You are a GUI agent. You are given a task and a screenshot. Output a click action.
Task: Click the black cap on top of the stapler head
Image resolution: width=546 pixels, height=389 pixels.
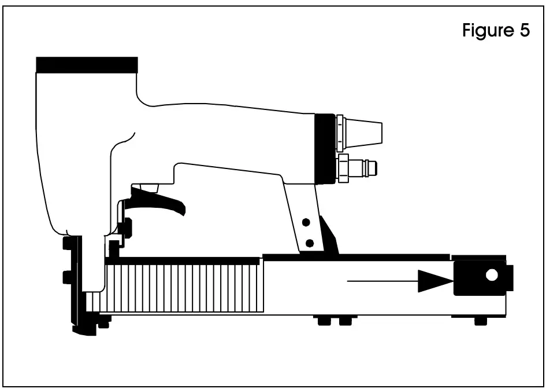[87, 64]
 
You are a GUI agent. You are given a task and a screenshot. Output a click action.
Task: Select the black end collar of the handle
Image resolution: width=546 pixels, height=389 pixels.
[325, 149]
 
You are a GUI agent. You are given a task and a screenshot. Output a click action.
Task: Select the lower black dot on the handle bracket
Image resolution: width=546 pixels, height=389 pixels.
[310, 242]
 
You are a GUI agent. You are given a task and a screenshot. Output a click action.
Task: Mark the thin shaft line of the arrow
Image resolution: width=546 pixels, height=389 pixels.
[381, 281]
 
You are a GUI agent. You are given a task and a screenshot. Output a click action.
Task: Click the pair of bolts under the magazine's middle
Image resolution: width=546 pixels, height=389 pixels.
[332, 321]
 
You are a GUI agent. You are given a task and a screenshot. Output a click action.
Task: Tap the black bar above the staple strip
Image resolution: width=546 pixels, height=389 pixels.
[185, 261]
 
